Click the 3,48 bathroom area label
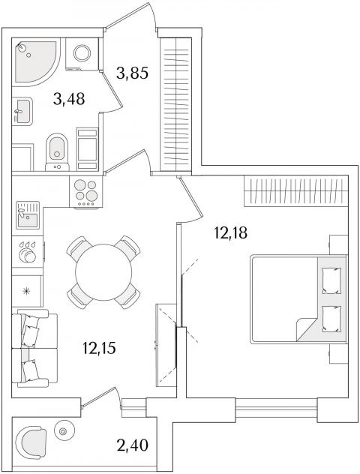tap(68, 99)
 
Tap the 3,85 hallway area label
tap(132, 73)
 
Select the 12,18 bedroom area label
tap(231, 232)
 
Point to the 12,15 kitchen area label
tap(99, 348)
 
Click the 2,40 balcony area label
tap(132, 445)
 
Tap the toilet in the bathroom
tap(57, 152)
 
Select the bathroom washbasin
tap(22, 111)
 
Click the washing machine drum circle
tap(82, 53)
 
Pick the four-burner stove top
tap(85, 191)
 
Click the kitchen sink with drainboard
tap(28, 215)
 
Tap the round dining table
tap(103, 272)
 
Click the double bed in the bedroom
tap(298, 299)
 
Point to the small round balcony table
tap(64, 430)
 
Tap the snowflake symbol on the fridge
tap(27, 291)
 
